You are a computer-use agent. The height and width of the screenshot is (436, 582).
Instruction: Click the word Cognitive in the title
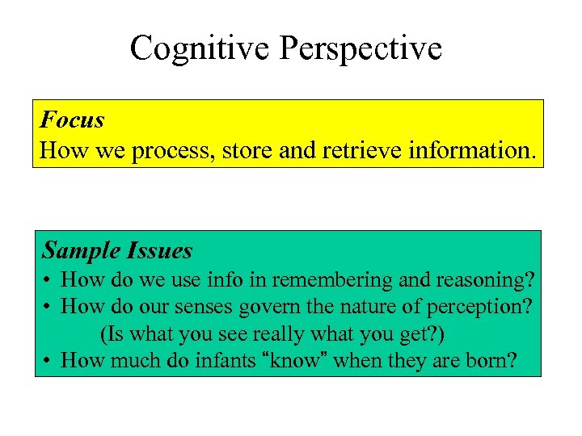coord(200,48)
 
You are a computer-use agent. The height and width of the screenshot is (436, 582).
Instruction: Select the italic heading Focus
coord(72,120)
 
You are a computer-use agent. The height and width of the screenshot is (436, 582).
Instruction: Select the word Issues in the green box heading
coord(158,251)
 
